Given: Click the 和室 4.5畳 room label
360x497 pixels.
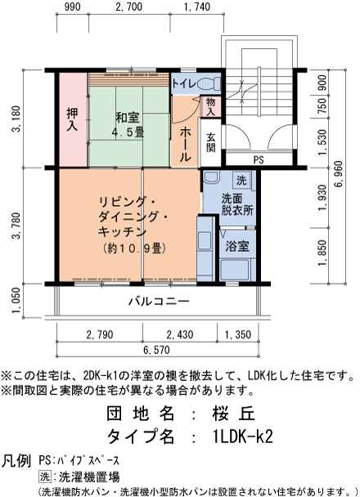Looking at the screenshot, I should (x=128, y=123).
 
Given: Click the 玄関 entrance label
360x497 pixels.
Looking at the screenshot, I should (x=211, y=141).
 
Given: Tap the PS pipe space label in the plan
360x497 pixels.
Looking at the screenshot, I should (x=259, y=160).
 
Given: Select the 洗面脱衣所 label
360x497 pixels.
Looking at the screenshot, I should (x=237, y=204).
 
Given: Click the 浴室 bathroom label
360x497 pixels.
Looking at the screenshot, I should (x=237, y=246).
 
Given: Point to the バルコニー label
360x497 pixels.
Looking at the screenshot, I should (x=159, y=302).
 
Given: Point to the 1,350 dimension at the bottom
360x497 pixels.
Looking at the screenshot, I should (x=238, y=335).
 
